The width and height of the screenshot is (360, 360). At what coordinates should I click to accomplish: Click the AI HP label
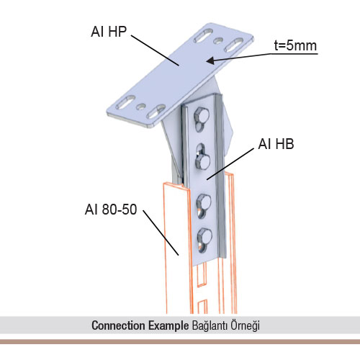point(109,32)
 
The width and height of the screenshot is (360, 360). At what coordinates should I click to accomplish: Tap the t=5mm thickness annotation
point(295,45)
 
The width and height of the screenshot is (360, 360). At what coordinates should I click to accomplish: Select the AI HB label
point(276,144)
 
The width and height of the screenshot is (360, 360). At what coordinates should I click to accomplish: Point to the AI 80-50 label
point(111,210)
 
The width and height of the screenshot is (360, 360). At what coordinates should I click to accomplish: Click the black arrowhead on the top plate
point(210,60)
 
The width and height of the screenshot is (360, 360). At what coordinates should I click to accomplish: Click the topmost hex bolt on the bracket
point(202,116)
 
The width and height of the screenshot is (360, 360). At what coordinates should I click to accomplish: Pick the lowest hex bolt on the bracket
point(204,236)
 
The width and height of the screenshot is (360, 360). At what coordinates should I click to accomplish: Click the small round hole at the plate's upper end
point(218,41)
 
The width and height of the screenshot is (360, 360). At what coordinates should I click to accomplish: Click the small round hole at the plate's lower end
point(141,107)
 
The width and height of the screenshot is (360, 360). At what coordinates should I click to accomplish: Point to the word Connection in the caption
point(118,325)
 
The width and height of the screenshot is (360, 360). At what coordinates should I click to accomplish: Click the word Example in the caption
point(168,326)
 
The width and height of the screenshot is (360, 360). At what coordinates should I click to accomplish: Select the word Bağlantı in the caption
point(210,326)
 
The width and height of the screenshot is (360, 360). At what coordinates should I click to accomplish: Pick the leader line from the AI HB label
point(230,163)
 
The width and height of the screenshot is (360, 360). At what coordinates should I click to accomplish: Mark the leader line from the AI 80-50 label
point(161,233)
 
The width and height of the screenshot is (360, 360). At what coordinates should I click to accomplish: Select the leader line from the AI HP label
point(155,50)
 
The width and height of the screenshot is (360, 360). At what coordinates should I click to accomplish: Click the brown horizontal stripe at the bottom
point(180,341)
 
